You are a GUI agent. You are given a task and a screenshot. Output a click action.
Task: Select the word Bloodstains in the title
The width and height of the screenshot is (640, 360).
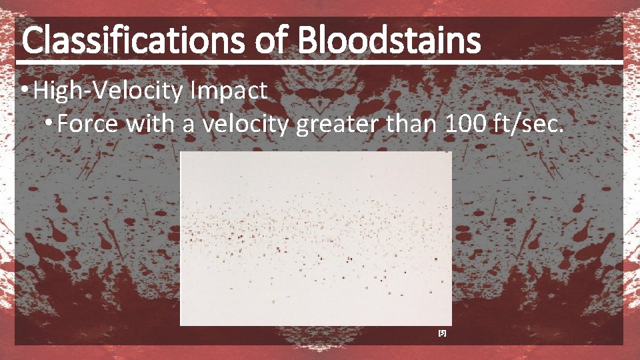tap(389, 41)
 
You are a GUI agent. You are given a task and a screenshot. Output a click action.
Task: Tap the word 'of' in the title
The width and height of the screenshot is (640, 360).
tap(273, 41)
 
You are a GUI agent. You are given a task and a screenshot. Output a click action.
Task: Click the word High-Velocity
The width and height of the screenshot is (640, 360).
tap(107, 90)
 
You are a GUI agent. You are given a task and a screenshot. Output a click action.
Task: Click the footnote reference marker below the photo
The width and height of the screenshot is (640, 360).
tap(441, 331)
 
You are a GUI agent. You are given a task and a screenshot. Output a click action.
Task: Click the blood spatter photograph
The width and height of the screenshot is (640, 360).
tap(316, 238)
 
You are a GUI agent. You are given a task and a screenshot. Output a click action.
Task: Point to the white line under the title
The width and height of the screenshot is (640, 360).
tap(320, 62)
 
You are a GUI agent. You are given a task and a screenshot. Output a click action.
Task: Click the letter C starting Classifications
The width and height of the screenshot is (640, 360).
tap(32, 41)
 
